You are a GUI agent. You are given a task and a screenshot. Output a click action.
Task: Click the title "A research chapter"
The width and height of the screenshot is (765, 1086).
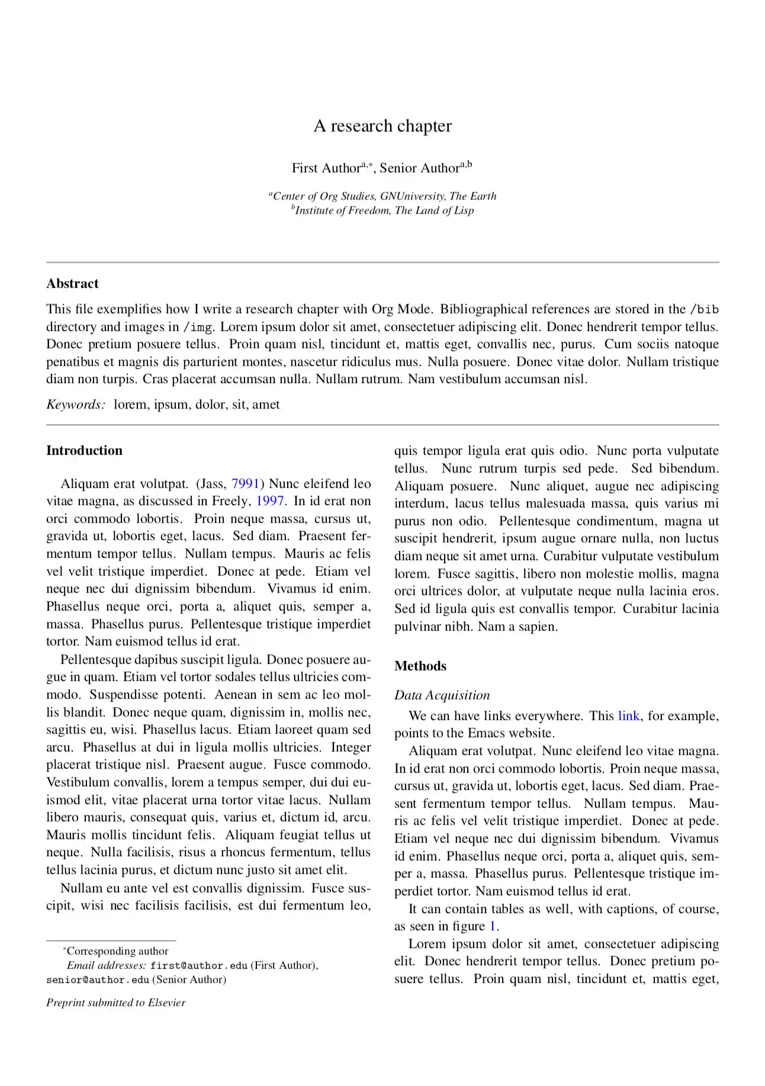tap(382, 126)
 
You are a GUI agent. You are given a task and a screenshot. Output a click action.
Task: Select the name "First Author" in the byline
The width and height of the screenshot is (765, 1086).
tap(326, 168)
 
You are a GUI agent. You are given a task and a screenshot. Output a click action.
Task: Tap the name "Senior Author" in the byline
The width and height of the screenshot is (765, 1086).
tap(419, 168)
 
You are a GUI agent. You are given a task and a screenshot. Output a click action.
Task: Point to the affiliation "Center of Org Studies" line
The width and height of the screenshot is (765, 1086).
tap(384, 196)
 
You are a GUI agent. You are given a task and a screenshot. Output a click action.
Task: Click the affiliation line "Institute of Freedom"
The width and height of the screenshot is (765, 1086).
tap(384, 210)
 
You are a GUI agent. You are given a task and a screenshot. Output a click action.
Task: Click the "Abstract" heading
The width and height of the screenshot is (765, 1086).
tap(72, 284)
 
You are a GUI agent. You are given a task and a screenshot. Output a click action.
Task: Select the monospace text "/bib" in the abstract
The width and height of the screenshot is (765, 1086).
tap(705, 309)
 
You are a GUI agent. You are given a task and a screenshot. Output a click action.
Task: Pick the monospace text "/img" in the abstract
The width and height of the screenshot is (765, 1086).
tap(198, 327)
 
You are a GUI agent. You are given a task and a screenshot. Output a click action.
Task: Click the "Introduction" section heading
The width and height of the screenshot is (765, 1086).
tap(84, 451)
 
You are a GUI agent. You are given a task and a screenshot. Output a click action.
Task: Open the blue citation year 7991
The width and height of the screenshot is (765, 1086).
tap(245, 484)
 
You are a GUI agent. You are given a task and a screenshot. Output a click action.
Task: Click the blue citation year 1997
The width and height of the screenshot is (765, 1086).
tap(270, 501)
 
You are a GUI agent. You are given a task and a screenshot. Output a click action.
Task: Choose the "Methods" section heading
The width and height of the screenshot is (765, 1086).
tap(420, 666)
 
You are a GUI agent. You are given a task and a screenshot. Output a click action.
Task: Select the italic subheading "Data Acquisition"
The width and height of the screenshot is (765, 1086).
tap(442, 695)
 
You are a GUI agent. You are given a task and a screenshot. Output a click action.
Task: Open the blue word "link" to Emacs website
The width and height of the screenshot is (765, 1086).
tap(628, 716)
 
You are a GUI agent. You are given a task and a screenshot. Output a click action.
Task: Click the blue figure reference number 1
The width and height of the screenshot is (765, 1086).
tap(492, 926)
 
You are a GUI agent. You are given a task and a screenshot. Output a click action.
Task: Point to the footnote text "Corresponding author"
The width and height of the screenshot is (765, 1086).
tap(117, 951)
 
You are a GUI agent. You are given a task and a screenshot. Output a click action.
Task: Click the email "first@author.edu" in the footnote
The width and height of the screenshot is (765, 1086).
tap(198, 965)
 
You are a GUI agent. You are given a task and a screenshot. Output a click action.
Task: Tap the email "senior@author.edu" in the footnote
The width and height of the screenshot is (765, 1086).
tap(98, 979)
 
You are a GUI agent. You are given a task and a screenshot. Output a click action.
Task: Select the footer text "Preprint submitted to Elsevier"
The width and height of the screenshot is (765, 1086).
tap(116, 1003)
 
